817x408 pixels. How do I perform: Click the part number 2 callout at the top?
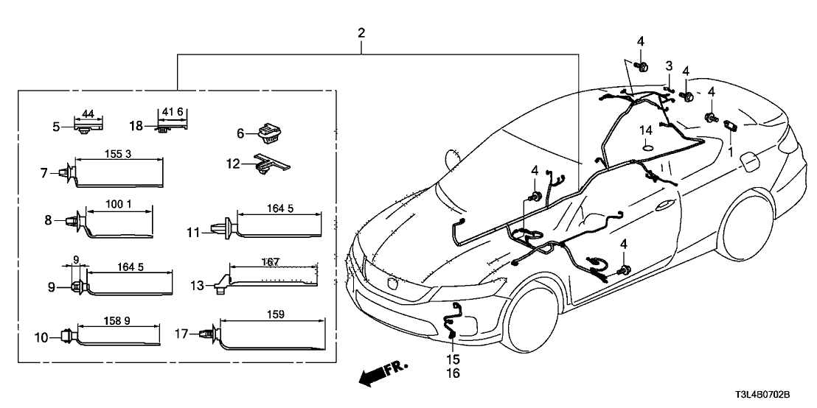pyautogui.click(x=361, y=33)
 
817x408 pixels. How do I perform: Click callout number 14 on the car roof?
pyautogui.click(x=646, y=131)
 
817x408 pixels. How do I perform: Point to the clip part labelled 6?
pyautogui.click(x=271, y=134)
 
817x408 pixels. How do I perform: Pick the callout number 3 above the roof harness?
pyautogui.click(x=669, y=67)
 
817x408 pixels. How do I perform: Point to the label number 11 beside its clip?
pyautogui.click(x=193, y=233)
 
